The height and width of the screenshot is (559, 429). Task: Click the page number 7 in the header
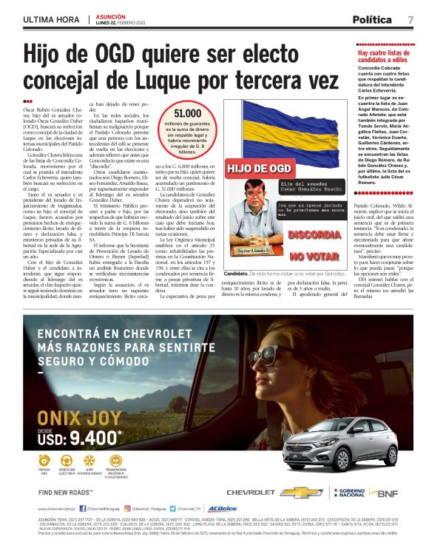[x=411, y=19]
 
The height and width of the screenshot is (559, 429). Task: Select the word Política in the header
[x=375, y=19]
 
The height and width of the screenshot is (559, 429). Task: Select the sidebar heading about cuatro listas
[x=385, y=58]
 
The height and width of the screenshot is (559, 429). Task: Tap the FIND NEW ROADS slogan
[x=65, y=492]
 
